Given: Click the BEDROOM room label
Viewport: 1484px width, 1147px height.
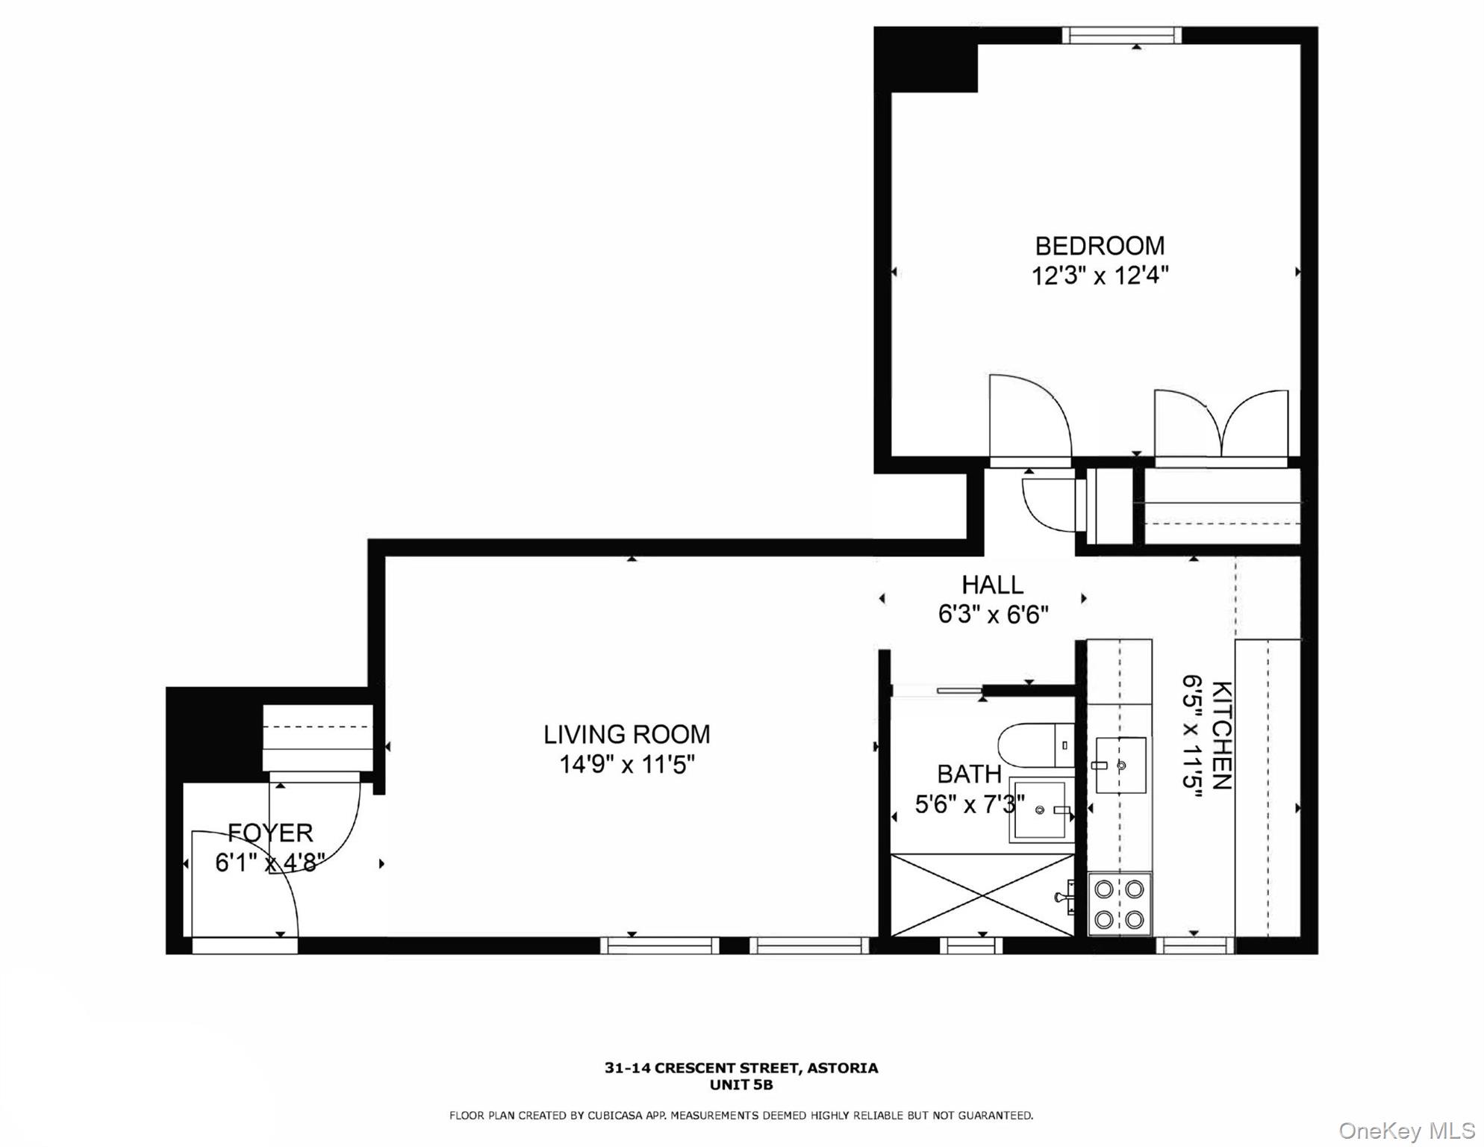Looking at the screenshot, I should [1099, 246].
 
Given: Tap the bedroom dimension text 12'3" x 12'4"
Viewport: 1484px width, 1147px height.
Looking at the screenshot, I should [1099, 276].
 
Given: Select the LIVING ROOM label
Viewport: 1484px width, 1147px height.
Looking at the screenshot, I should [626, 734].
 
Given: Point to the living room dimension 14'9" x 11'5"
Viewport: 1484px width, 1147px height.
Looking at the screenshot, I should [626, 765].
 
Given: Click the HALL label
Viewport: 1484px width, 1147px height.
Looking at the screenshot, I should [992, 584].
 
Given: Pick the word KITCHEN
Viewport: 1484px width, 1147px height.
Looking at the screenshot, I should [1220, 735].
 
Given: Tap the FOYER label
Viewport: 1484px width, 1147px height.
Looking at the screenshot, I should [269, 832].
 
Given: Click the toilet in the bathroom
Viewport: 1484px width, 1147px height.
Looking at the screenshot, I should [1034, 745].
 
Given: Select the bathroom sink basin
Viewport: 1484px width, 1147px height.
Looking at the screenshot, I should [1039, 809].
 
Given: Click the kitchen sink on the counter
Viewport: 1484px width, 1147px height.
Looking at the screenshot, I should [1120, 765].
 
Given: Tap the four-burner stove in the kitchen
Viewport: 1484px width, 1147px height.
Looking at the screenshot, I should [1119, 904].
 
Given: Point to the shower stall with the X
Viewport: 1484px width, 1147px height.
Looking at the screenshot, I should [982, 895].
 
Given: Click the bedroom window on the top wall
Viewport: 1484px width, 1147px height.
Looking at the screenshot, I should [1121, 35].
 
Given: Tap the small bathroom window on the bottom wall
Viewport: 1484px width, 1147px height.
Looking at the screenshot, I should [970, 946].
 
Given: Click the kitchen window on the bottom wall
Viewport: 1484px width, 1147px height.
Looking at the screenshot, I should [1194, 946].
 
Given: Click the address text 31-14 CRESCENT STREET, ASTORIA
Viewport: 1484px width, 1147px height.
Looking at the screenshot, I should [741, 1068].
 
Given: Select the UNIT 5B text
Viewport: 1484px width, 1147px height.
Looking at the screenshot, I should [741, 1085].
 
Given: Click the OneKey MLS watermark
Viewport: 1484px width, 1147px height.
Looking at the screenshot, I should [1406, 1131].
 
